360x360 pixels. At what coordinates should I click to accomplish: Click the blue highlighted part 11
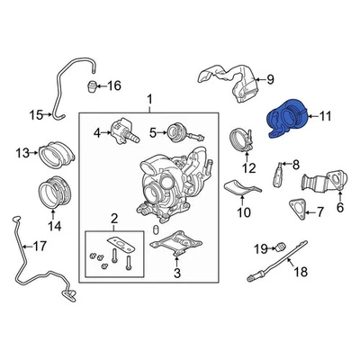[286, 123]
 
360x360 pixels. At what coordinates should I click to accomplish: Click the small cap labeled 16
[92, 85]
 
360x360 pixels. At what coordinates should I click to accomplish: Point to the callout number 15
[36, 114]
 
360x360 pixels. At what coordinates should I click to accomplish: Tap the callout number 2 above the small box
[113, 219]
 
